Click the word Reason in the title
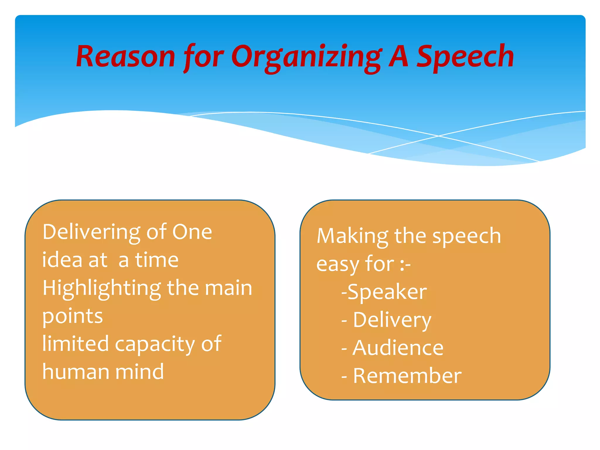click(x=125, y=57)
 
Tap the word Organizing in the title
click(x=306, y=57)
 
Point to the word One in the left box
click(x=192, y=232)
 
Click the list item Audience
click(x=398, y=348)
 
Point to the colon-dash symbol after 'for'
click(x=405, y=265)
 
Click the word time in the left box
click(x=157, y=260)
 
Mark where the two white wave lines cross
click(x=439, y=136)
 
